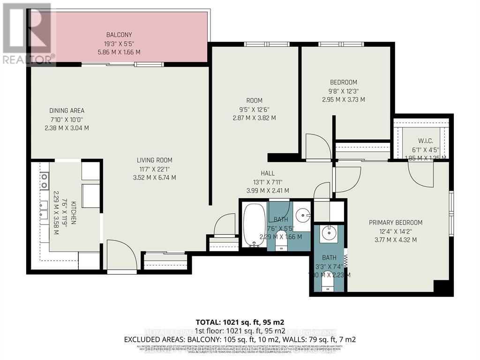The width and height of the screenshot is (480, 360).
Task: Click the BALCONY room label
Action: click(119, 35)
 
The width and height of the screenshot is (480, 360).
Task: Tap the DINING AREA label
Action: click(67, 111)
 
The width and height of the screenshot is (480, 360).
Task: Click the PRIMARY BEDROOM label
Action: click(395, 223)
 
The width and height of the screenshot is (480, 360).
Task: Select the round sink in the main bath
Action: click(303, 216)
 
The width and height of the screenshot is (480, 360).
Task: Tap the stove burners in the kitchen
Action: click(44, 180)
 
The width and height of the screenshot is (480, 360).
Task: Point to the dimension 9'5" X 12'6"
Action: click(254, 109)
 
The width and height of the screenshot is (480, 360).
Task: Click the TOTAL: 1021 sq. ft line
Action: click(240, 322)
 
